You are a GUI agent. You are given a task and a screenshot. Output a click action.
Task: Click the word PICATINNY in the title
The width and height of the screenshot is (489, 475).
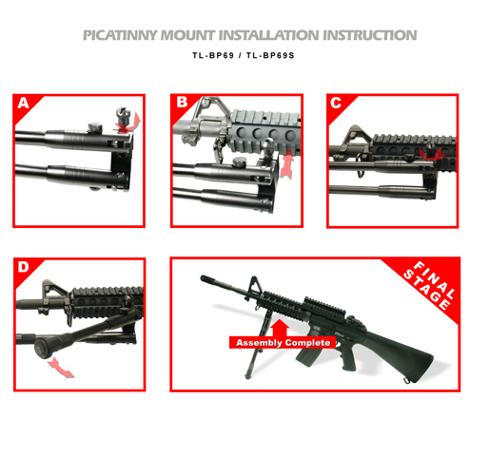pyautogui.click(x=120, y=35)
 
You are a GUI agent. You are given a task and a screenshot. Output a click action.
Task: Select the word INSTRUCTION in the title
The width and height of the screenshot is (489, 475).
pyautogui.click(x=370, y=35)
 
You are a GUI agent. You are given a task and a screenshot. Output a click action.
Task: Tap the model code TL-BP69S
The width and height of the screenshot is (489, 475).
pyautogui.click(x=270, y=55)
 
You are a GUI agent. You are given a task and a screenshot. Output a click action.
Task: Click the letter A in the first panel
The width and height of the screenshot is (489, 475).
pyautogui.click(x=23, y=104)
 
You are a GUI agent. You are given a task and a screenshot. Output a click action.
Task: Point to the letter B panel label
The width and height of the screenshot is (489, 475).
pyautogui.click(x=182, y=103)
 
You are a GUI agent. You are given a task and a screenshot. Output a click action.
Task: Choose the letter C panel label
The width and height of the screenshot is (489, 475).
pyautogui.click(x=336, y=103)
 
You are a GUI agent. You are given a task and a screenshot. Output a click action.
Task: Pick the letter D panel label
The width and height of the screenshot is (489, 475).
pyautogui.click(x=23, y=267)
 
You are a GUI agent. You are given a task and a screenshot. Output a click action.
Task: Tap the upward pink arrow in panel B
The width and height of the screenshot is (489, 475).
pyautogui.click(x=287, y=164)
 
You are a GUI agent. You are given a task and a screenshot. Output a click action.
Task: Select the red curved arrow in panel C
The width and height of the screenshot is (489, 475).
pyautogui.click(x=431, y=155)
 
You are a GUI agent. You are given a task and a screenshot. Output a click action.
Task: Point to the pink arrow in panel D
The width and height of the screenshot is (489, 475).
pyautogui.click(x=60, y=368)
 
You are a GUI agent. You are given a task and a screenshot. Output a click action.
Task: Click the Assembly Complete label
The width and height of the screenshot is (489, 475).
pyautogui.click(x=283, y=343)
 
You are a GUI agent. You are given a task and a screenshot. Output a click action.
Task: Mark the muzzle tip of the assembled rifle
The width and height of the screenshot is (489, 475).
pyautogui.click(x=203, y=277)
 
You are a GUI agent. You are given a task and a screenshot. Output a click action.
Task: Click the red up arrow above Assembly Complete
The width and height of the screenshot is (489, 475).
pyautogui.click(x=281, y=328)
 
